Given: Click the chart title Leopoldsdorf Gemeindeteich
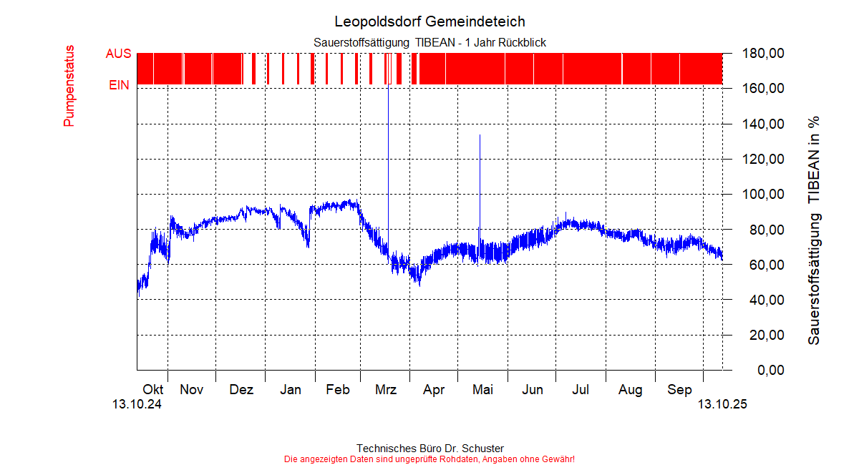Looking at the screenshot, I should coord(429,21).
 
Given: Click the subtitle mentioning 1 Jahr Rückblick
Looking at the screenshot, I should coord(429,43).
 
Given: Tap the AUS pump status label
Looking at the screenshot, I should coord(118,54).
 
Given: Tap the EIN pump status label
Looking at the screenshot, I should coord(119,85).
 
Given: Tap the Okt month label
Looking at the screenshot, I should coord(153,390).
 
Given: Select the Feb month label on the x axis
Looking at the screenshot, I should coord(338,390).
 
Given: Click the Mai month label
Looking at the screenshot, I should coord(483,390).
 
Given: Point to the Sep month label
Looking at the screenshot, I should coord(680,390).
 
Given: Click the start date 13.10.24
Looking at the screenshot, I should coord(137,404).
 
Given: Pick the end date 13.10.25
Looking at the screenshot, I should coord(722,404).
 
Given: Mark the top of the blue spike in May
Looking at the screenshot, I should coord(480,135).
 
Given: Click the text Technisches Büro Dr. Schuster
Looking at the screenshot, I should coord(429,448).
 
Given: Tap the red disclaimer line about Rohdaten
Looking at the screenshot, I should coord(429,459).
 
